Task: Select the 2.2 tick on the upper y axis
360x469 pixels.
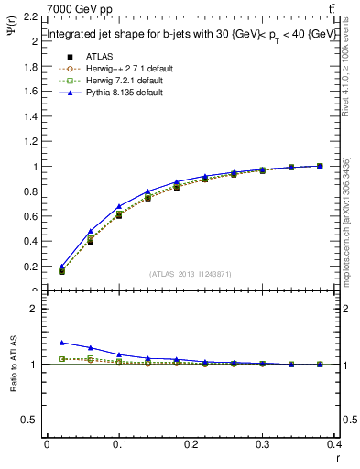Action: (x=30, y=18)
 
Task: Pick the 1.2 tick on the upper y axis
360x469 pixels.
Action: (x=30, y=142)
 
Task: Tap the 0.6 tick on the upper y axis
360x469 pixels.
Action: (x=30, y=217)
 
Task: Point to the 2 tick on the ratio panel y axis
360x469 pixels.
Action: (x=35, y=309)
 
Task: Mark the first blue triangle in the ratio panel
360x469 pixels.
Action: (x=62, y=342)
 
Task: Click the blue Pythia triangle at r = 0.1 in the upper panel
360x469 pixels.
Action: (x=119, y=206)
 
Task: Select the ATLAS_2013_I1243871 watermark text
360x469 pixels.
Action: (x=191, y=274)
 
